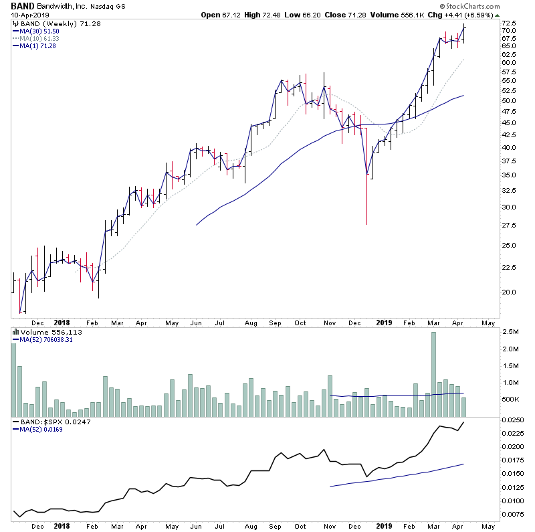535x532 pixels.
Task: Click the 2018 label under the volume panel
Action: (x=62, y=527)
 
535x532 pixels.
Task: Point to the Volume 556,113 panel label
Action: (x=44, y=331)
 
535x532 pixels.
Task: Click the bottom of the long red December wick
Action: (x=366, y=224)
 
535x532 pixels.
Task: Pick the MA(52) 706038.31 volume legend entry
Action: (x=45, y=339)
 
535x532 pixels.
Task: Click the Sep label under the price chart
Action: (x=276, y=322)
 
